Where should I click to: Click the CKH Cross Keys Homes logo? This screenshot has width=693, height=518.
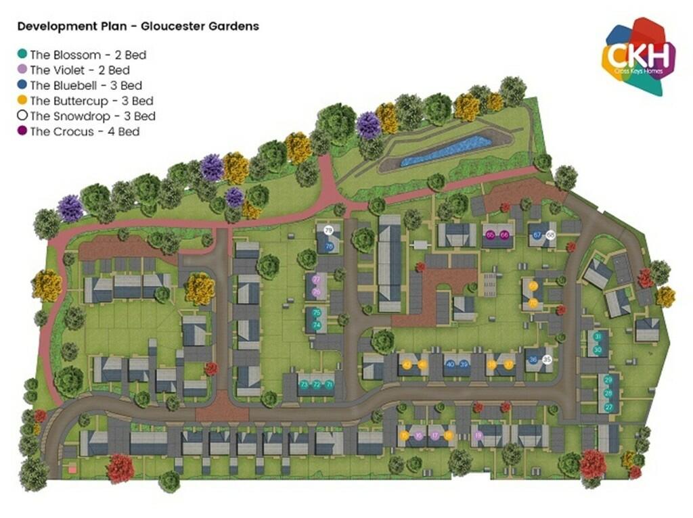[x=640, y=57]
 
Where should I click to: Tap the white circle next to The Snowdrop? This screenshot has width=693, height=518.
[x=23, y=116]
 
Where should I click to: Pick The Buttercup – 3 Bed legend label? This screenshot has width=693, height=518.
[x=91, y=101]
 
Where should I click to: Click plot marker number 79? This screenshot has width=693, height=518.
[x=329, y=231]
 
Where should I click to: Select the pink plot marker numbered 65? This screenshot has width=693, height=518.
[x=491, y=235]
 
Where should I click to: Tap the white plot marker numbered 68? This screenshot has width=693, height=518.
[x=550, y=235]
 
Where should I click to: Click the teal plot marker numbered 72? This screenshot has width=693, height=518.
[x=316, y=385]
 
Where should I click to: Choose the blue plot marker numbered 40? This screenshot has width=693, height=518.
[x=450, y=364]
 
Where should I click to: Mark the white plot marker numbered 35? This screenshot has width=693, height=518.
[x=547, y=360]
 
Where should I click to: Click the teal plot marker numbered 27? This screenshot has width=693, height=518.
[x=608, y=407]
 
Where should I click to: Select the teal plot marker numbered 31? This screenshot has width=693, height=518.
[x=598, y=337]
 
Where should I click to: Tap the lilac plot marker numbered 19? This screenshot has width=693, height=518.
[x=478, y=436]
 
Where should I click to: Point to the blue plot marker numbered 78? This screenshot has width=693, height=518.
[x=329, y=247]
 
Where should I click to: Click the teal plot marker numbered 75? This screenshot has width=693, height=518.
[x=316, y=312]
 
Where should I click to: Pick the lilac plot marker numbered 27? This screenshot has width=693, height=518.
[x=316, y=279]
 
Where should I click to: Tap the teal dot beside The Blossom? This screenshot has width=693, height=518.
[x=23, y=54]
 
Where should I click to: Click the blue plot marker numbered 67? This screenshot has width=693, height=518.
[x=537, y=235]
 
